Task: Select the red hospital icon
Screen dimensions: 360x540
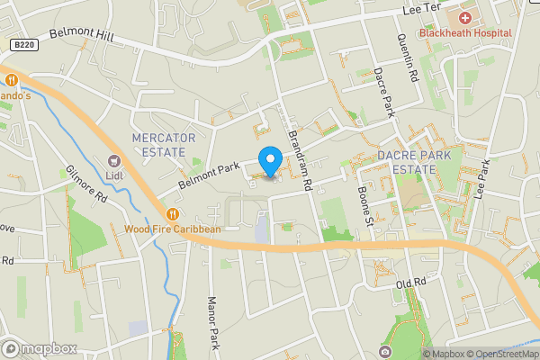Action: tap(465, 18)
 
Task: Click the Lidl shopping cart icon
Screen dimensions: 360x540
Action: tap(114, 159)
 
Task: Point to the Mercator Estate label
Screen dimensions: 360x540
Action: tap(163, 144)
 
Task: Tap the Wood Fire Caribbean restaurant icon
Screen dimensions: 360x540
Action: tap(172, 213)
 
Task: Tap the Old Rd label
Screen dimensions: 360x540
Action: tap(410, 284)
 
